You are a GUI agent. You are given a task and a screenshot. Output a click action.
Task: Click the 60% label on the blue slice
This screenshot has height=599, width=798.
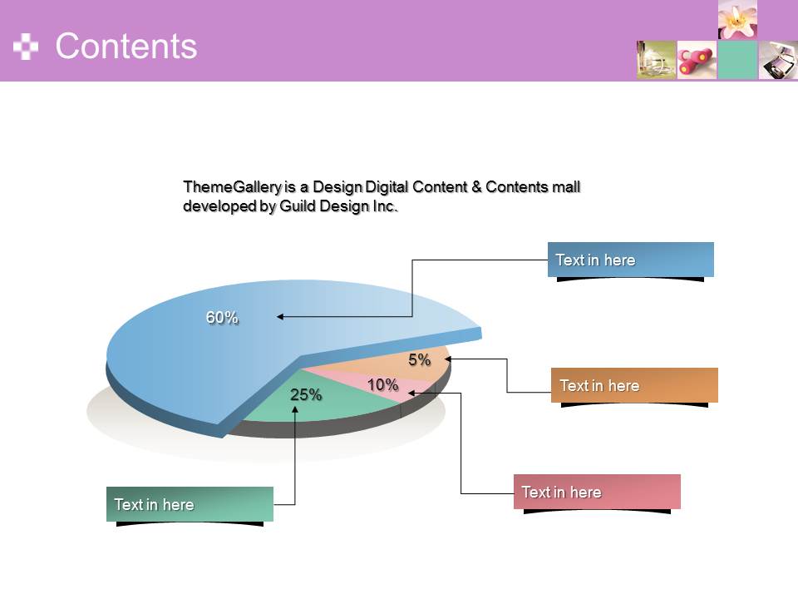(222, 317)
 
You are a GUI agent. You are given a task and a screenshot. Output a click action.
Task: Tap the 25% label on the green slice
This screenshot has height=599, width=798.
(306, 394)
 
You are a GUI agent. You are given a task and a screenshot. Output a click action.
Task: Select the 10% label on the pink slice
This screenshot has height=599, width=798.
(382, 384)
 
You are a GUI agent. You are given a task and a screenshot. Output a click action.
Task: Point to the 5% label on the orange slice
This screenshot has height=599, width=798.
(419, 359)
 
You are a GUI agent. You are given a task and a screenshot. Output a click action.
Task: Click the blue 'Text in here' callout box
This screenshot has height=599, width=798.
(631, 260)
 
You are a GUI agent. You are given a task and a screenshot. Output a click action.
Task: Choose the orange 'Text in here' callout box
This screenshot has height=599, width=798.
(634, 385)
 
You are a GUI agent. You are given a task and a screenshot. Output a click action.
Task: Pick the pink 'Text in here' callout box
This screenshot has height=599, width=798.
(597, 492)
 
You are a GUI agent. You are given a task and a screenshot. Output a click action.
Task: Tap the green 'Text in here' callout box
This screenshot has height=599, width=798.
(190, 504)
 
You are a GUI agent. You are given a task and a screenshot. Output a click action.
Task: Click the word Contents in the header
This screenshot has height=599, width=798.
(126, 46)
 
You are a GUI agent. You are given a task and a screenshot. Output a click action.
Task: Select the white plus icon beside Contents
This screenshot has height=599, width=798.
(26, 47)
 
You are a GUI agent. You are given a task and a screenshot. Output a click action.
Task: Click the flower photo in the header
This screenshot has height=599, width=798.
(737, 19)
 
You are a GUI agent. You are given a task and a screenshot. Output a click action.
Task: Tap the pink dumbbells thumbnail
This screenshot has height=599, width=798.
(697, 60)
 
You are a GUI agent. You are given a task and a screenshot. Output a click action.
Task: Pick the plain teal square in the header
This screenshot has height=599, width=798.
(737, 60)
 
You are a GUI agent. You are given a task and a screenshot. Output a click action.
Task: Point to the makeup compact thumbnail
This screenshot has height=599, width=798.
(778, 60)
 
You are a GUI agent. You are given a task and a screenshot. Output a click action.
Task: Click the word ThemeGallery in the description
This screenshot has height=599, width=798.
(232, 187)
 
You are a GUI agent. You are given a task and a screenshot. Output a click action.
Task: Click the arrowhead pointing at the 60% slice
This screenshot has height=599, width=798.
(280, 316)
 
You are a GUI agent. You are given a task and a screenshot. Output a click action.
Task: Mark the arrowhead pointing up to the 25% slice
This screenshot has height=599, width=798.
(295, 409)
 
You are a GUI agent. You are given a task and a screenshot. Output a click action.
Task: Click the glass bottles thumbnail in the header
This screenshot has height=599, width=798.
(656, 60)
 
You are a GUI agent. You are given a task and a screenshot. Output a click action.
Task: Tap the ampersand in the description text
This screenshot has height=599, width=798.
(476, 187)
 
